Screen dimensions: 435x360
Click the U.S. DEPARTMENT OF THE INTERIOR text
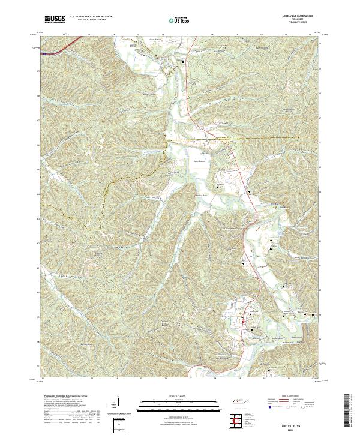tap(91, 17)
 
